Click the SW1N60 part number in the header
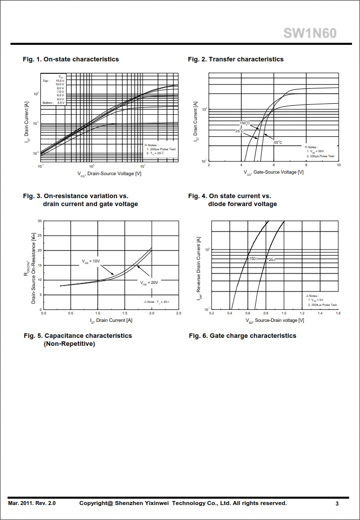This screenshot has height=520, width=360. coord(310,33)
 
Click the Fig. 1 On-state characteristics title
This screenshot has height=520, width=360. coord(71,59)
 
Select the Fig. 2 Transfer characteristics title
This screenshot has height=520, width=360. coord(235,59)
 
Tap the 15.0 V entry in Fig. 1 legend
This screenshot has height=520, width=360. coord(60,81)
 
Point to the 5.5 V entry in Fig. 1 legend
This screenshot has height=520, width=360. coord(61,103)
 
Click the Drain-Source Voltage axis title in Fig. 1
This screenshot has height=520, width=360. coord(110,173)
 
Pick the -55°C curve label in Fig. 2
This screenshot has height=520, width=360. coord(277,143)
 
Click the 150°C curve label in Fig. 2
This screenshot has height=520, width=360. coord(244,123)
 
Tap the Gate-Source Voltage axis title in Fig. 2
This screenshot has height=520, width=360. coord(274,172)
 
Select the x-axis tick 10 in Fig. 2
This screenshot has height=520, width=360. coord(339,165)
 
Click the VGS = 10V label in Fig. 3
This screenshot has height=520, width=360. coord(91,261)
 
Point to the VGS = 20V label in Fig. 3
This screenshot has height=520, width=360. coord(149,282)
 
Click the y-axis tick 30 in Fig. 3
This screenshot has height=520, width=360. coord(39,221)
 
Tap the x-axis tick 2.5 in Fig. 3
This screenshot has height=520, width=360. coord(179,313)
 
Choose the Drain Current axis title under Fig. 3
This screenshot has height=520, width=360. coord(111,320)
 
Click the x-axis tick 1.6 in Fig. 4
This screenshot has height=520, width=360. coord(338,313)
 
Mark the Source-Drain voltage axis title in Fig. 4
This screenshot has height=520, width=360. coord(272,320)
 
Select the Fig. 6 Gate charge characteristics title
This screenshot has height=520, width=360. coord(242,336)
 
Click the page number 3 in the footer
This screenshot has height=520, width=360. coord(337,504)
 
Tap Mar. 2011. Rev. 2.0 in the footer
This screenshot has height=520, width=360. coord(32,504)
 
